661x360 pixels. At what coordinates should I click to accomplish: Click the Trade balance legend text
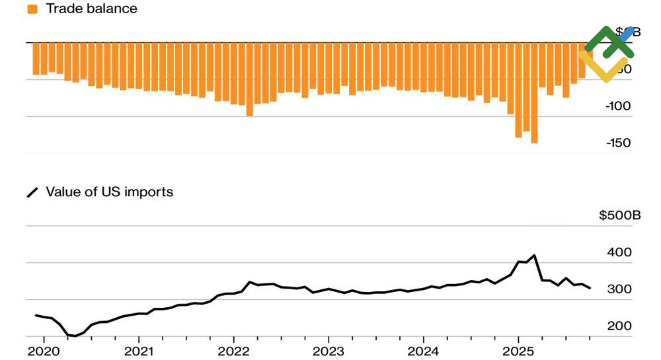click(x=91, y=9)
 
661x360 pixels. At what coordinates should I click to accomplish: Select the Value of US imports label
click(x=109, y=192)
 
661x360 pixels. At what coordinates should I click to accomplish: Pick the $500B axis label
click(x=620, y=215)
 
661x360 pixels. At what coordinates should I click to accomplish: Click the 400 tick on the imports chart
click(x=619, y=252)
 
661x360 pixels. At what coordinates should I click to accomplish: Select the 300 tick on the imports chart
click(x=619, y=289)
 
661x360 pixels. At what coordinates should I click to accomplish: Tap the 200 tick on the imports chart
click(x=619, y=326)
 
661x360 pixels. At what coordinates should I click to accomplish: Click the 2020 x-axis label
click(x=44, y=350)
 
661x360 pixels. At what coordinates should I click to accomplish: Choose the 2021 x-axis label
click(x=139, y=350)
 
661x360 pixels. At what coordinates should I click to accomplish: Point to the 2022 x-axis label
click(x=233, y=350)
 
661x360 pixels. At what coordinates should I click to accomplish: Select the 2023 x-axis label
click(x=329, y=350)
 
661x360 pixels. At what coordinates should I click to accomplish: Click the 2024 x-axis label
click(x=424, y=350)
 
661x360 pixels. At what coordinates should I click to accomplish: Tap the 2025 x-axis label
click(x=518, y=350)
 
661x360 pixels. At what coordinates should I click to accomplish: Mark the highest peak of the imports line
click(x=534, y=255)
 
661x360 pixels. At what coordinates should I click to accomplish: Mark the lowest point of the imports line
click(x=75, y=336)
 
